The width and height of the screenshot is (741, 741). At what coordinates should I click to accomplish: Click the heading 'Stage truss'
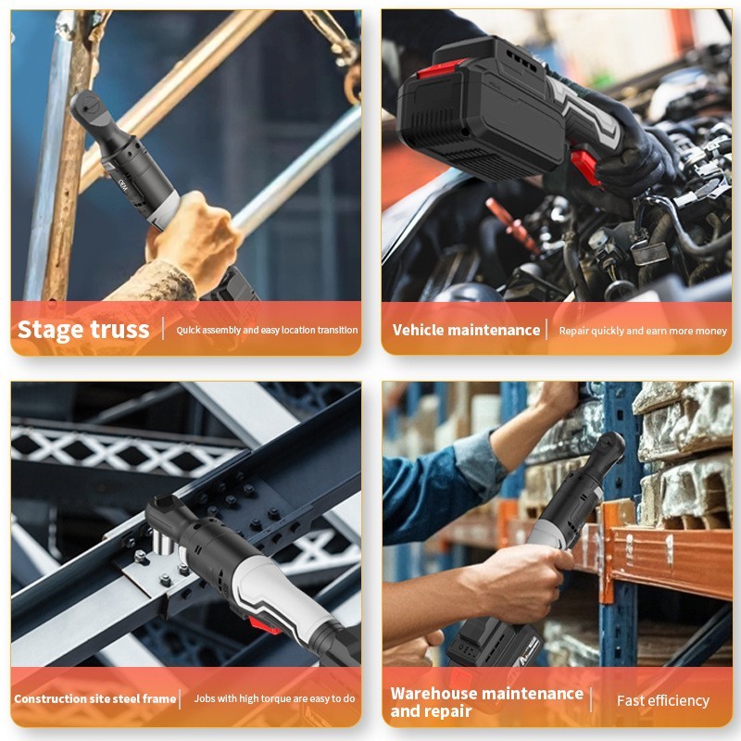(x=83, y=330)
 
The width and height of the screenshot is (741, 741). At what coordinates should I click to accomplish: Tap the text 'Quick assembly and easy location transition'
(x=267, y=330)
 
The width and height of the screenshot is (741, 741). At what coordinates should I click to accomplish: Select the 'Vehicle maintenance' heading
(x=466, y=330)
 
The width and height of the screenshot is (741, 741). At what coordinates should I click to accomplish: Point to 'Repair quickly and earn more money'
(x=643, y=331)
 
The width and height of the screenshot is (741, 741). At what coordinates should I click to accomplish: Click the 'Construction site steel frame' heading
(x=95, y=698)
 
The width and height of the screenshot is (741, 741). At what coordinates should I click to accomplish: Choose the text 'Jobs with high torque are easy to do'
(x=274, y=698)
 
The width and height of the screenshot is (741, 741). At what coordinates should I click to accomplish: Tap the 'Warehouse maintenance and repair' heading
(x=487, y=702)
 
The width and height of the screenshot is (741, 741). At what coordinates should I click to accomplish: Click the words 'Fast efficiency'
(x=663, y=700)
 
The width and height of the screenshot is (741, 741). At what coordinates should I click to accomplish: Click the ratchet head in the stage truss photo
(x=87, y=108)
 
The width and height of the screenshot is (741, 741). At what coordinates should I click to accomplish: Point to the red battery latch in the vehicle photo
(x=436, y=70)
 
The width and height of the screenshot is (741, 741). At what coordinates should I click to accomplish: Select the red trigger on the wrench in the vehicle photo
(x=585, y=167)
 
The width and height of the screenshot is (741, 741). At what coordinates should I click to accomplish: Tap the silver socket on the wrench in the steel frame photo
(x=164, y=544)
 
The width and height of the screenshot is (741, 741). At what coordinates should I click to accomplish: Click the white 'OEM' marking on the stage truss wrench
(x=123, y=185)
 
